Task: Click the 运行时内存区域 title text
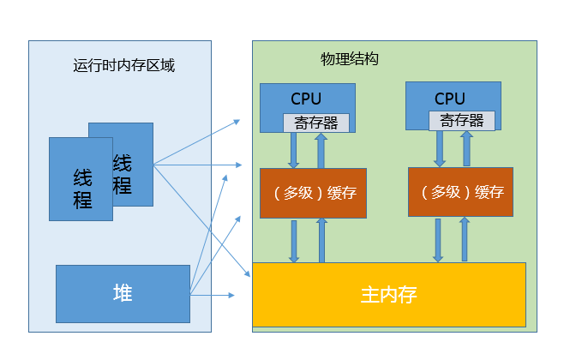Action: coord(124,66)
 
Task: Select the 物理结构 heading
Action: coord(349,60)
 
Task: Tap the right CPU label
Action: coord(450,99)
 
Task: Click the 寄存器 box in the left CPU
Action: coord(316,123)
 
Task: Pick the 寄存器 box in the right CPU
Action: coord(462,121)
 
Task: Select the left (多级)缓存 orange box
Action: coord(308,192)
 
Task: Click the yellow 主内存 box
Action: coord(388,296)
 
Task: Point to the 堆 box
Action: coord(123,293)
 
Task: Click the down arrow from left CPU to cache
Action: coord(293,150)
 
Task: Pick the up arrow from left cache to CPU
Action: coord(321,150)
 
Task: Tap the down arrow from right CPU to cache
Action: coord(440,148)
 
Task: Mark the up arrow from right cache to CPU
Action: coord(467,148)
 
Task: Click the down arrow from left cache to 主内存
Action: coord(294,241)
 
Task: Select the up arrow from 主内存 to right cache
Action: coord(465,240)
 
